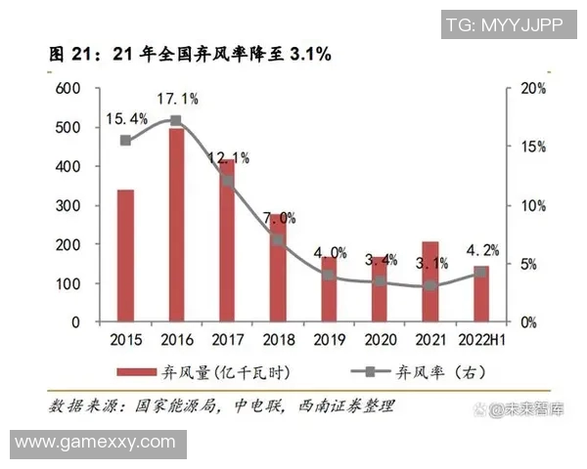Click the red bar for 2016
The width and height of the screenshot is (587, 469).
pyautogui.click(x=176, y=225)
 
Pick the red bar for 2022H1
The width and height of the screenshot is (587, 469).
pyautogui.click(x=481, y=293)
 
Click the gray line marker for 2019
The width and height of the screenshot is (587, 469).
pyautogui.click(x=329, y=276)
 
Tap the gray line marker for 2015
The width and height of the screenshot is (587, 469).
pyautogui.click(x=125, y=141)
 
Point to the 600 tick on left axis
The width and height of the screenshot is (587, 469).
pyautogui.click(x=66, y=88)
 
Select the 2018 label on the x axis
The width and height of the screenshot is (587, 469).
pyautogui.click(x=278, y=340)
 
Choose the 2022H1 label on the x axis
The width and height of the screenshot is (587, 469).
pyautogui.click(x=482, y=340)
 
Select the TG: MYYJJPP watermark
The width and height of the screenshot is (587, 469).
pyautogui.click(x=505, y=25)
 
